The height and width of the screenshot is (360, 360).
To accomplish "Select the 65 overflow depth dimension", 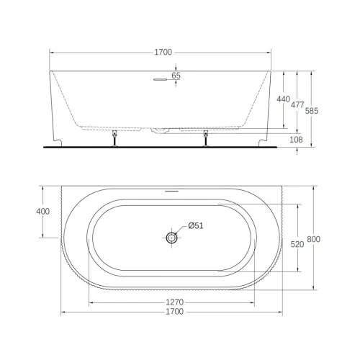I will coord(177,76).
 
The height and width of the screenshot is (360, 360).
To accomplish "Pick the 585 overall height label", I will coord(312,111).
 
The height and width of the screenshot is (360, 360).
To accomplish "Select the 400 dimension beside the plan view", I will coord(42,212).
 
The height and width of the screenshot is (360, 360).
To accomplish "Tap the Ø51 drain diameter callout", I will coord(197,225).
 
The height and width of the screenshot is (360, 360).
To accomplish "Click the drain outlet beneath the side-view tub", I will coord(161,130).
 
